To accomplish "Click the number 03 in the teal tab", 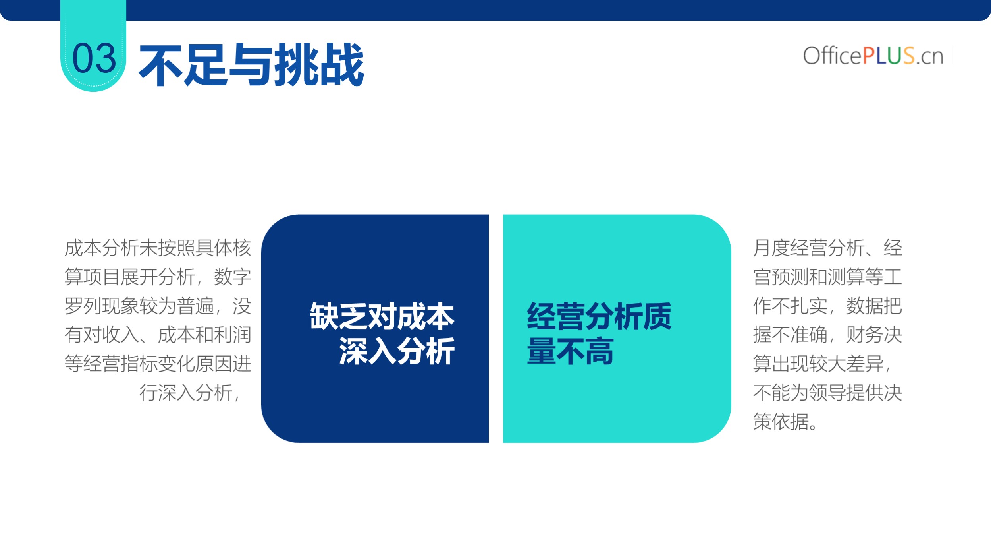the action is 94,58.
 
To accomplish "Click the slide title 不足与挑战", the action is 251,64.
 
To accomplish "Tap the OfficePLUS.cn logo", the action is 873,56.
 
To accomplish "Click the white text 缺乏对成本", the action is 382,316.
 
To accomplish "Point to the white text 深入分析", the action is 397,351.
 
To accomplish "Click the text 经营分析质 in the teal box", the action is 599,316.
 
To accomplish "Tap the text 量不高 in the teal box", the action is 570,351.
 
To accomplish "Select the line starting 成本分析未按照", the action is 158,248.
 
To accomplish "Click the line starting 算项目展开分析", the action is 158,277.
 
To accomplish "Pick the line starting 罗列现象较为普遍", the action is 158,306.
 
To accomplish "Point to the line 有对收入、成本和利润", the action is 158,335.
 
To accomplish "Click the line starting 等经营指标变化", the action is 158,364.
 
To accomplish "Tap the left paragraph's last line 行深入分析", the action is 189,393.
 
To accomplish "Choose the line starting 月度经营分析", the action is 827,248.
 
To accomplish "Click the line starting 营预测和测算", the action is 827,277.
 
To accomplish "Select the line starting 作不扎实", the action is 827,306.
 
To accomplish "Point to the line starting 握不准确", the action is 827,335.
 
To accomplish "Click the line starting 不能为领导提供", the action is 827,393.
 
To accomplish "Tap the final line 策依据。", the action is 785,422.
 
